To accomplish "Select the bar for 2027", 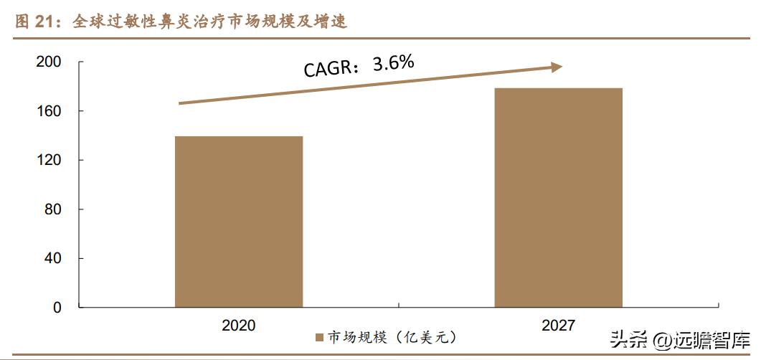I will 558,197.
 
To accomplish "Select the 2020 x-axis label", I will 239,325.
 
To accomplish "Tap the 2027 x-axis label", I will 558,325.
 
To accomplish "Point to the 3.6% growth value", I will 394,63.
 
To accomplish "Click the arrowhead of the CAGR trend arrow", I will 556,67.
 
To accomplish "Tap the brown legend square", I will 320,337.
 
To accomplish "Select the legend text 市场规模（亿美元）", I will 392,337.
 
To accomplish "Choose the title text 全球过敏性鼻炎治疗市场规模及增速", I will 210,22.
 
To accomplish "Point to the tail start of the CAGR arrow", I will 180,103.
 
